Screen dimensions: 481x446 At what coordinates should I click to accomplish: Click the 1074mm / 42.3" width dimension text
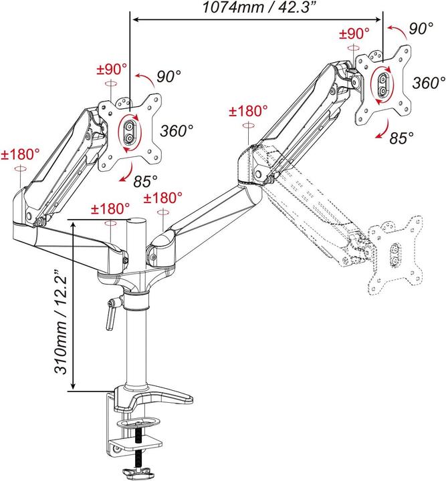tap(255, 9)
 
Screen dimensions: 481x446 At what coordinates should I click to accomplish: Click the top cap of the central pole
tap(137, 220)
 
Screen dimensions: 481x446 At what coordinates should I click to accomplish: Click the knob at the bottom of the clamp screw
tap(142, 474)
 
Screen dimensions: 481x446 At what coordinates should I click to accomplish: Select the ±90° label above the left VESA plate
tap(112, 69)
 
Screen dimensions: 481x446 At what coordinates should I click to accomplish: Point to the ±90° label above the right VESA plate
tap(354, 33)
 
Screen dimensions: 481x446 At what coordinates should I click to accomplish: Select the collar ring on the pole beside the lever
tap(137, 300)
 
